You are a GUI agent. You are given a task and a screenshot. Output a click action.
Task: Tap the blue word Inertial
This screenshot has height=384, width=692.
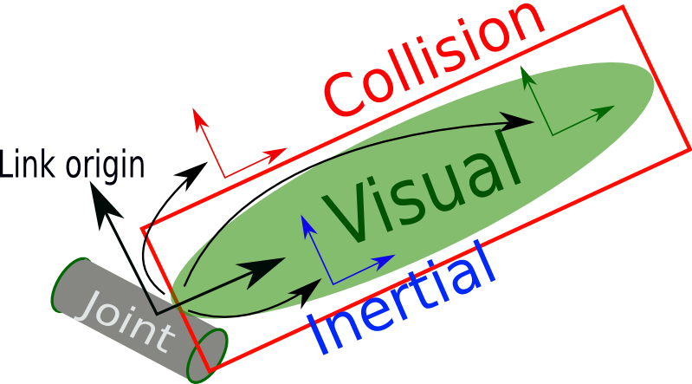point(403,299)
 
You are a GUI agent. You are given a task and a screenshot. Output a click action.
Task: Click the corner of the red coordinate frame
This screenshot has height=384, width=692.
point(225,177)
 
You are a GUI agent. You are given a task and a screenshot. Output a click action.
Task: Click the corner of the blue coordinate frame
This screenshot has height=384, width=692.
point(332,283)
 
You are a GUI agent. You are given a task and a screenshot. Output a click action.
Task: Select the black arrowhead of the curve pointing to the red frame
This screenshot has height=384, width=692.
point(191,168)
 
